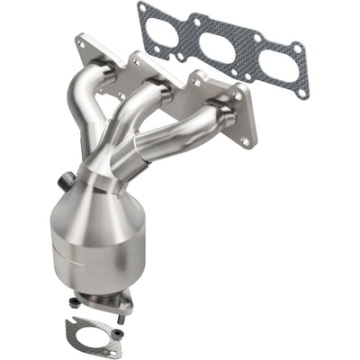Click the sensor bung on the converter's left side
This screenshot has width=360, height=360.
coord(64,183)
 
